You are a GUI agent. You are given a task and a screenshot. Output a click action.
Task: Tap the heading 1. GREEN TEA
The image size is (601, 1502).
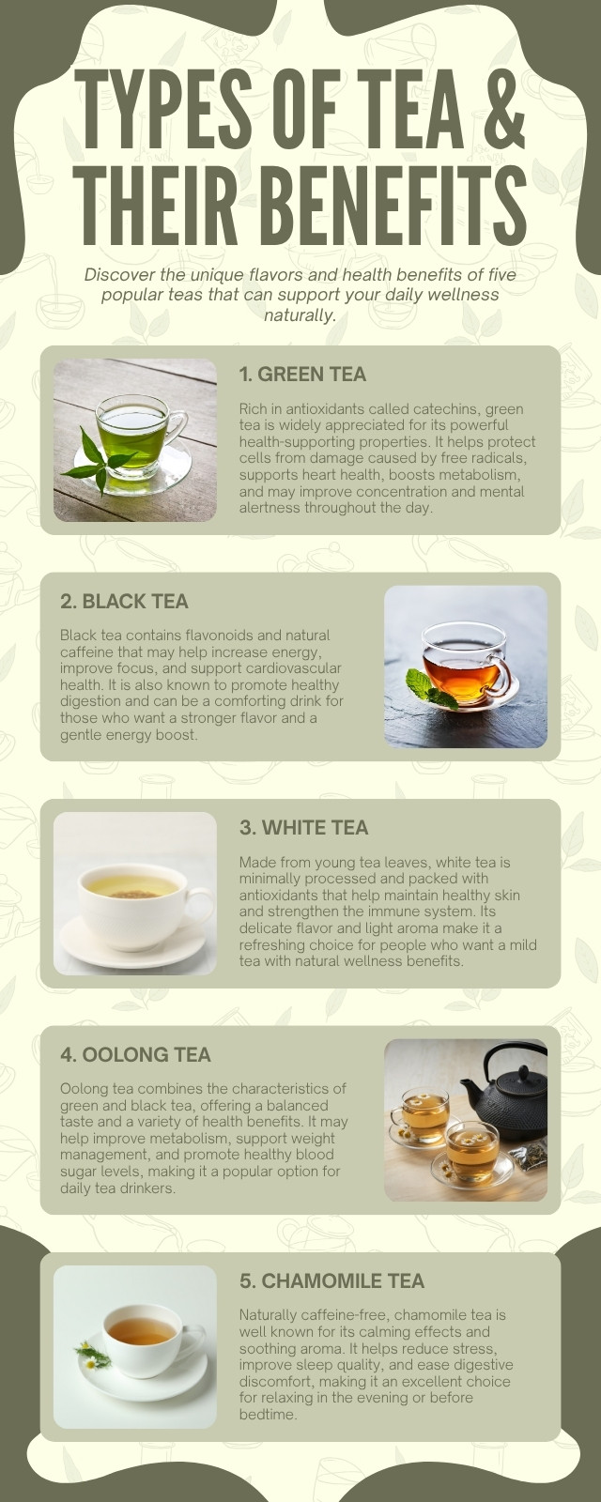302,375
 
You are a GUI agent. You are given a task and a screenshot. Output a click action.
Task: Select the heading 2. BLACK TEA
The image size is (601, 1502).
124,601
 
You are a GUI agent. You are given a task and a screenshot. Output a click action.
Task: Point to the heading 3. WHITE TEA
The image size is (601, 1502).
304,827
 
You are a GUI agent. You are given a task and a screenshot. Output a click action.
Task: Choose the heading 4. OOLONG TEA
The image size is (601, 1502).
135,1054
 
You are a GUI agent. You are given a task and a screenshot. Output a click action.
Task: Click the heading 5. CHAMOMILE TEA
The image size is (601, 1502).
332,1280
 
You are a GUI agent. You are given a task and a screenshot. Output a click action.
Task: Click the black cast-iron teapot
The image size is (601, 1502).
503,1093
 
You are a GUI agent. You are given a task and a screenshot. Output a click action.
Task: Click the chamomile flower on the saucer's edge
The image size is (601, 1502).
91,1356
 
